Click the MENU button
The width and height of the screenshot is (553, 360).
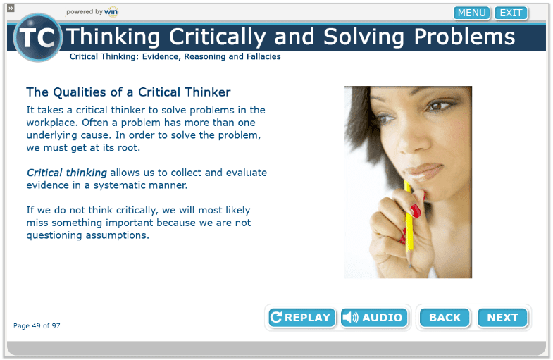471,13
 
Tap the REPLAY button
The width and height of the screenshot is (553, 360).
302,317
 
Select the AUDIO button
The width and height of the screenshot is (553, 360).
374,317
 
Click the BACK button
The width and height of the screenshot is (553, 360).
445,317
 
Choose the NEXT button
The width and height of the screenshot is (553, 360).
502,317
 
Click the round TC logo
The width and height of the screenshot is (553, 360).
38,37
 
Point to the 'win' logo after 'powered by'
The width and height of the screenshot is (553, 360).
111,12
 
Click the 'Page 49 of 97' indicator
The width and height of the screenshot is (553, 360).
37,325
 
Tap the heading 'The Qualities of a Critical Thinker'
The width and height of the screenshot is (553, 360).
128,92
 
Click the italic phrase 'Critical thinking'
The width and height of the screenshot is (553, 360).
67,173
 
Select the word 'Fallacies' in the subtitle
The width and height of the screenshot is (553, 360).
263,56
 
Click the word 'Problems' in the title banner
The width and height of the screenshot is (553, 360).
464,37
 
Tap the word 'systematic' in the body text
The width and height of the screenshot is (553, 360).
120,185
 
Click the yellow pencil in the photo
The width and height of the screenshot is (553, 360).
409,222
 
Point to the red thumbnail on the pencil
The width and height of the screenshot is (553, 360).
415,211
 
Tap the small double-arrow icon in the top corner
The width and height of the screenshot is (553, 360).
11,8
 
